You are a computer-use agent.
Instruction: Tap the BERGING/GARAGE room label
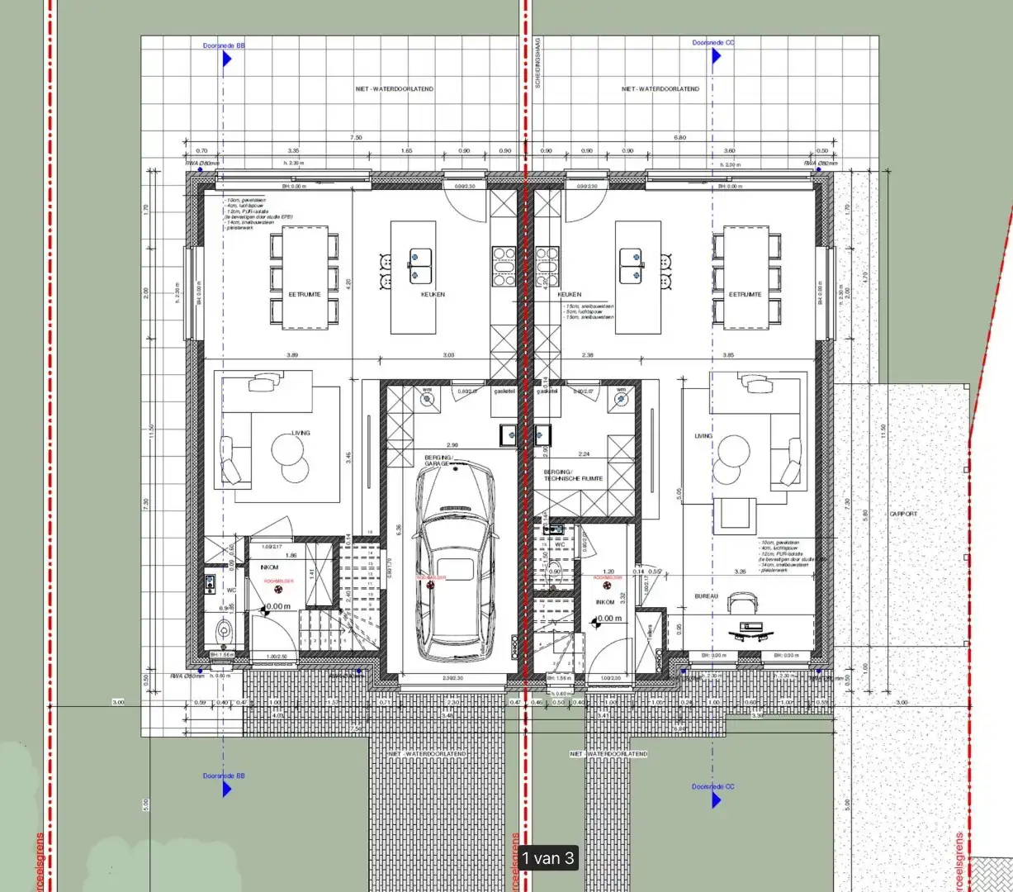pyautogui.click(x=438, y=460)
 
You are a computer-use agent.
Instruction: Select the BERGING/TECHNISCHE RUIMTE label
pyautogui.click(x=573, y=475)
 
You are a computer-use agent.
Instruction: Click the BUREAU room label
pyautogui.click(x=706, y=595)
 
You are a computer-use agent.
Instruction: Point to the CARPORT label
pyautogui.click(x=903, y=514)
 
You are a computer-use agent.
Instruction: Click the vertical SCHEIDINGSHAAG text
pyautogui.click(x=537, y=62)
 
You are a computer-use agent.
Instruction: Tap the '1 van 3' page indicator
pyautogui.click(x=547, y=858)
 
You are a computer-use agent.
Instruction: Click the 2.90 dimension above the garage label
pyautogui.click(x=452, y=444)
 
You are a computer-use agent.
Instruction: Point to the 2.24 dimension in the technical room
pyautogui.click(x=584, y=453)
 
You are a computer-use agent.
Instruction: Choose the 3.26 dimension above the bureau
pyautogui.click(x=741, y=571)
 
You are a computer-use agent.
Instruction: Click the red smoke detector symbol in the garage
pyautogui.click(x=431, y=583)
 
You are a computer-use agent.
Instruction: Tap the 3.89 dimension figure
pyautogui.click(x=291, y=355)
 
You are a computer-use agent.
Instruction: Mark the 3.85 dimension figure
pyautogui.click(x=728, y=355)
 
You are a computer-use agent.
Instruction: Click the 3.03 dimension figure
pyautogui.click(x=447, y=355)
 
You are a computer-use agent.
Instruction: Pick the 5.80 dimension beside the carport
pyautogui.click(x=864, y=514)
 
